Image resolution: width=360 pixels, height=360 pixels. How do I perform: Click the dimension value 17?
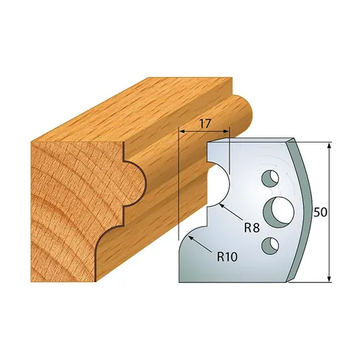(x=204, y=124)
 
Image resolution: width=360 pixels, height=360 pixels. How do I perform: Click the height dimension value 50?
(x=321, y=213)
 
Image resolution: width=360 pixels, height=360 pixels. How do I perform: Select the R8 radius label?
(x=251, y=228)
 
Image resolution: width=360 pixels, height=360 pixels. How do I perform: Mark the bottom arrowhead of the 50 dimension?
(x=329, y=279)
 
